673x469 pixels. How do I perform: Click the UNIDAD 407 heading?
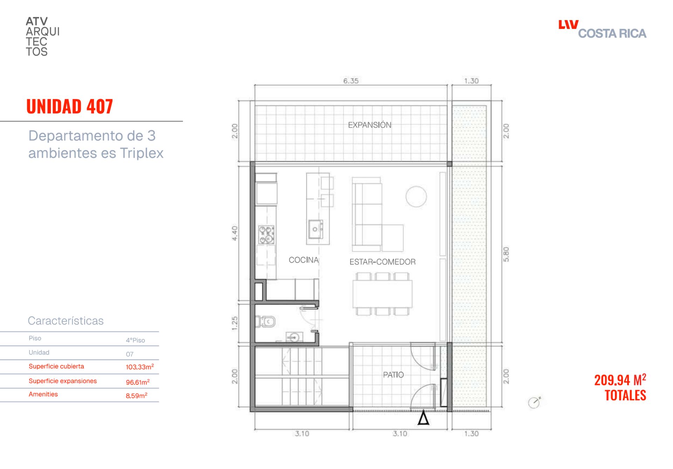pos(69,106)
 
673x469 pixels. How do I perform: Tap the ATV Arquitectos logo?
pos(42,36)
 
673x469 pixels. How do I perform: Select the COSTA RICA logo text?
pos(612,33)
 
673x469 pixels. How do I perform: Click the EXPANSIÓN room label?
pos(369,125)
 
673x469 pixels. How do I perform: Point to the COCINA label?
pos(304,260)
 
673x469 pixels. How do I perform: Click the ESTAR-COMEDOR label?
pos(382,262)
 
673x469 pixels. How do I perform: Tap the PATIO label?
pos(393,375)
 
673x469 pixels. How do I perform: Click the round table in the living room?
pos(416,196)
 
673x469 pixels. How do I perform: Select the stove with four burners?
pos(266,235)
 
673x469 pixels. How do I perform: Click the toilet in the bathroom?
pos(265,321)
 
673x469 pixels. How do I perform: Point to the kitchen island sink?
pos(315,229)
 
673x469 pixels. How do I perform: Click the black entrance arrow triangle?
pos(423,418)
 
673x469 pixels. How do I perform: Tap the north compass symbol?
pos(534,402)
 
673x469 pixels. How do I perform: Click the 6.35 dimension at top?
pos(351,81)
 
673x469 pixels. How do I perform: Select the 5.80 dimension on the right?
pos(506,254)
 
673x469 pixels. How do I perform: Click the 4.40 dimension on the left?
pos(234,233)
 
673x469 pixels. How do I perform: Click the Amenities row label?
pos(43,394)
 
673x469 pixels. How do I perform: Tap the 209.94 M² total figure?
pos(620,380)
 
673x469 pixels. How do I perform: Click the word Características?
pos(66,320)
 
